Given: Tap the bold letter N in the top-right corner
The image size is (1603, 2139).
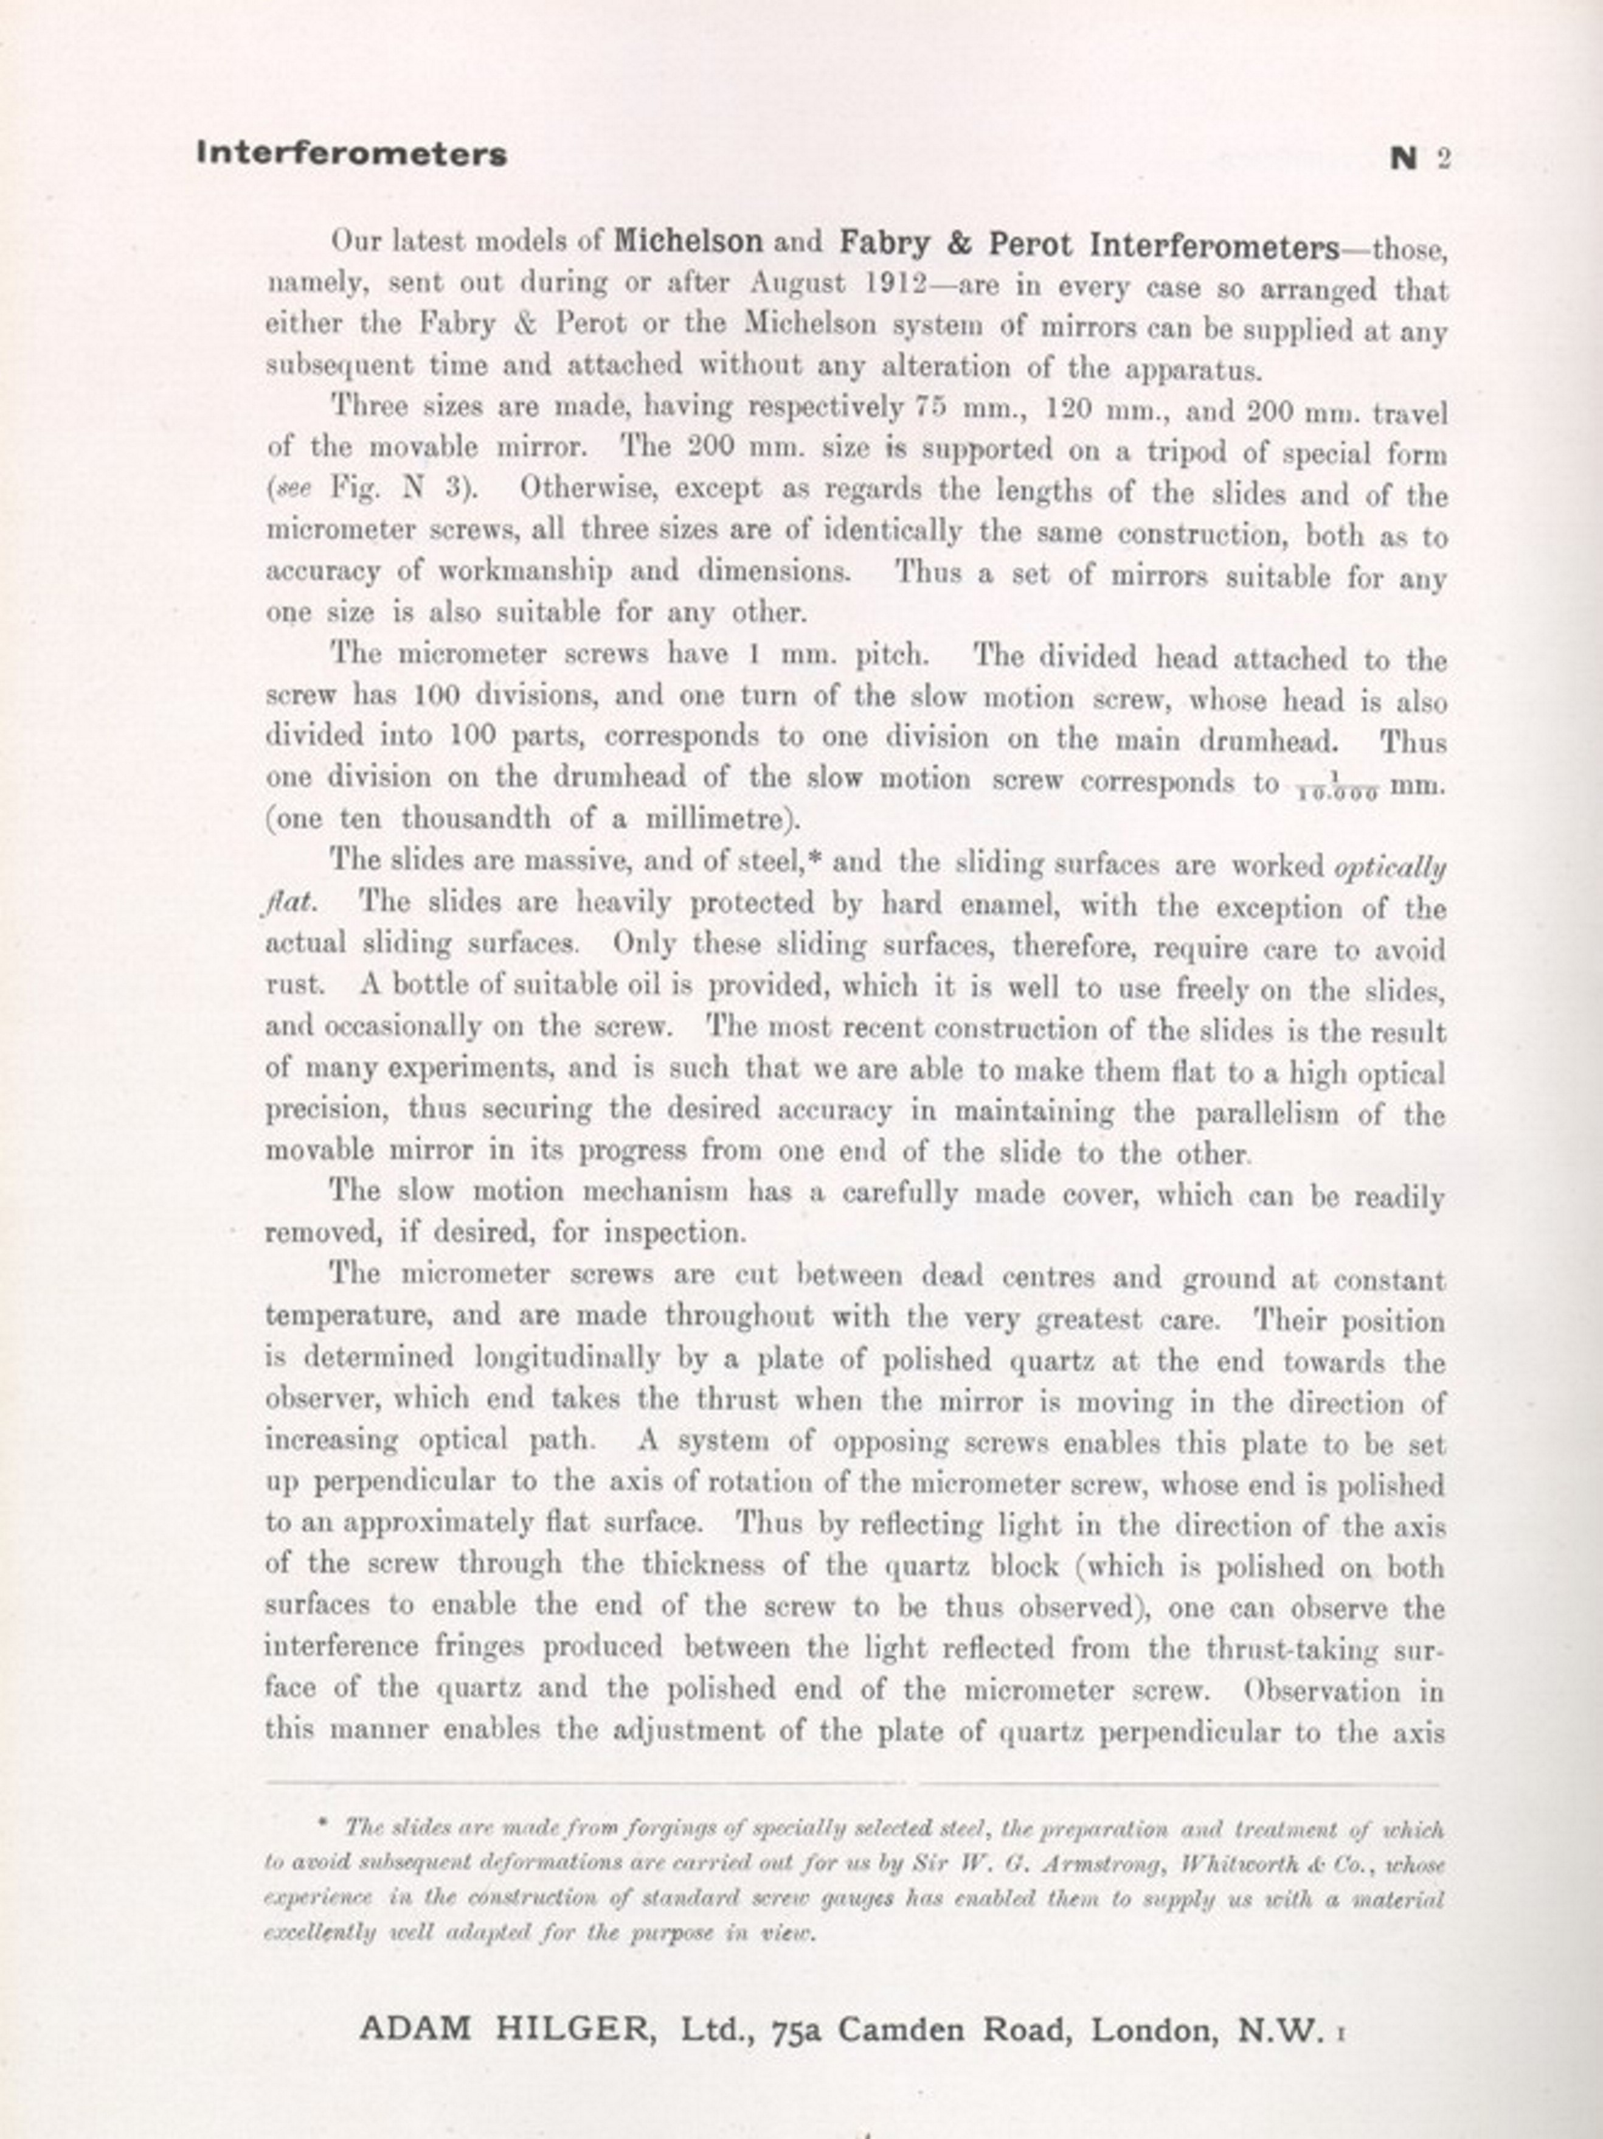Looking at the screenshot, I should click(1404, 158).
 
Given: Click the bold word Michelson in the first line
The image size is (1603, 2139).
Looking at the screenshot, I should click(688, 241).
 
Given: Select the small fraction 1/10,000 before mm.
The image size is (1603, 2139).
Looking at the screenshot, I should click(1336, 788).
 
